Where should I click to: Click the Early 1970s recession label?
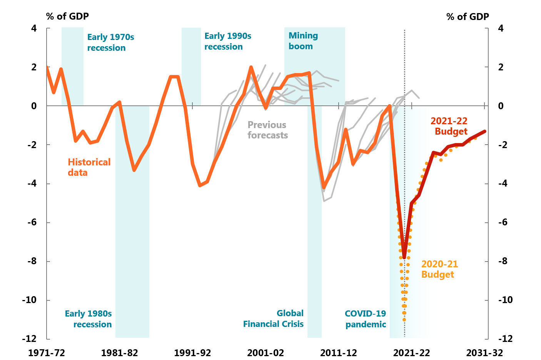point(110,42)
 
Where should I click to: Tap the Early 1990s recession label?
point(227,41)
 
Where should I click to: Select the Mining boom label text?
point(303,41)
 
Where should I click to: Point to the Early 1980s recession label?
point(88,319)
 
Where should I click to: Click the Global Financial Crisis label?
point(273,318)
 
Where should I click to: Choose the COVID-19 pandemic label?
point(365,319)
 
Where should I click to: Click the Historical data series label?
point(89,167)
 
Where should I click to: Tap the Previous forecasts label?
point(267,130)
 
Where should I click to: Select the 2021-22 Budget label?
point(449,126)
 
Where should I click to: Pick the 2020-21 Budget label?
point(439,269)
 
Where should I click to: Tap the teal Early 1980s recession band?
point(132,250)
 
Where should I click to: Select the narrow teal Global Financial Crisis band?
point(314,269)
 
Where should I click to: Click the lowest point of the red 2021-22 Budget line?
point(404,257)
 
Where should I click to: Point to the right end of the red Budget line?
point(485,132)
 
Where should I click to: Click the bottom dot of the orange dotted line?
point(404,320)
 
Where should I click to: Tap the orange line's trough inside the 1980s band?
point(134,170)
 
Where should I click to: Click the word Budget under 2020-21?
point(437,275)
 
